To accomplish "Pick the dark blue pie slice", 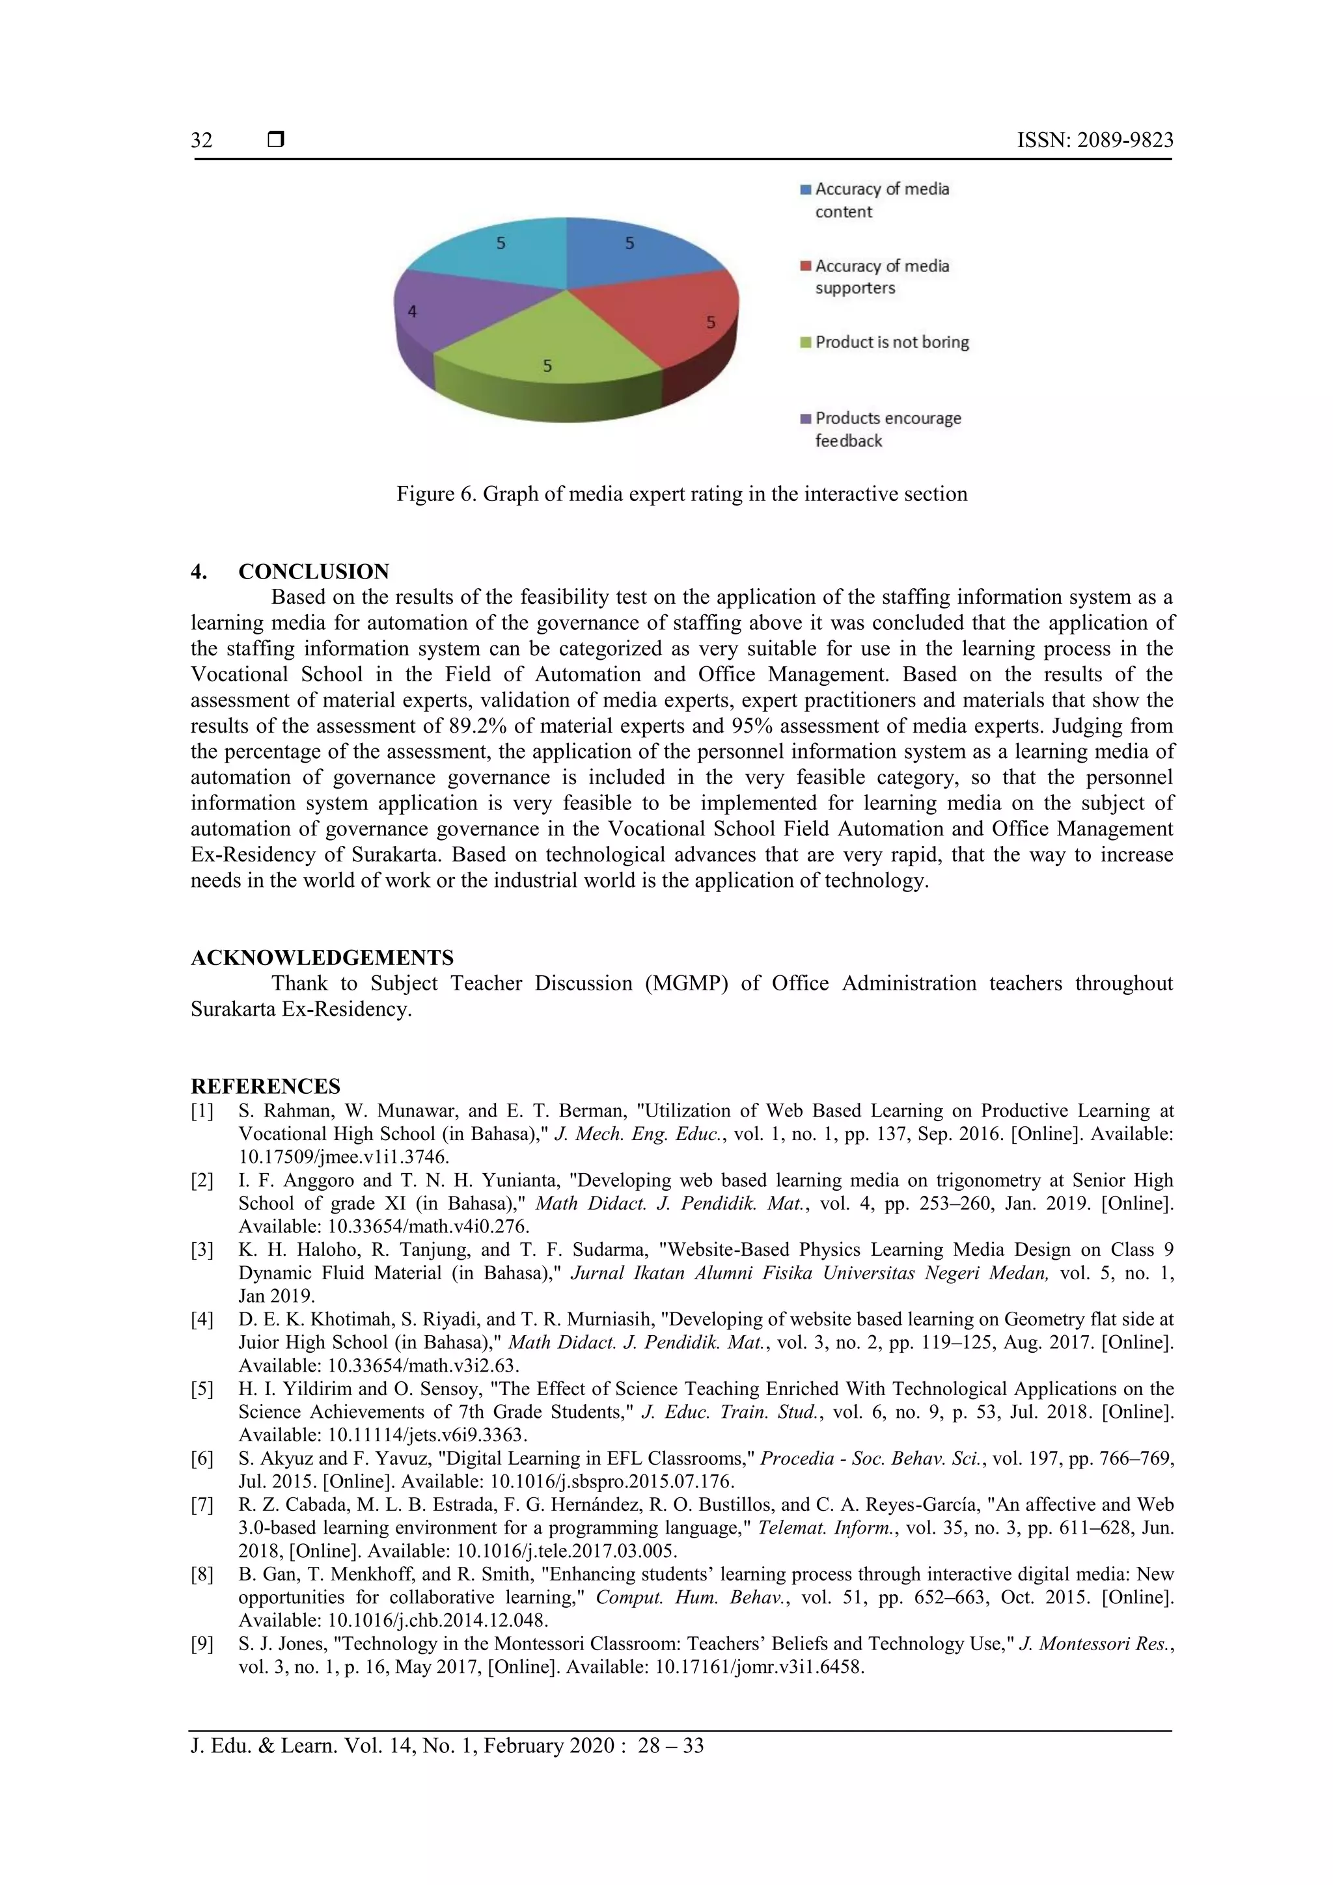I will [633, 254].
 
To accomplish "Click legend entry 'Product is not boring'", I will [891, 342].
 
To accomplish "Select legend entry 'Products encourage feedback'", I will [887, 429].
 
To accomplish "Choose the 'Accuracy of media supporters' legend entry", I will [881, 277].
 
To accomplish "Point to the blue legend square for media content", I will [806, 189].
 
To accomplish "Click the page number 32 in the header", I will [202, 141].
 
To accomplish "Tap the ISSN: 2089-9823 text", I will [1095, 141].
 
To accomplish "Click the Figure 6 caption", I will [681, 495].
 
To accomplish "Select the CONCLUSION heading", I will [313, 571].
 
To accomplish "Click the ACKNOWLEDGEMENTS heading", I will [322, 957].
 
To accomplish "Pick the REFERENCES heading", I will [266, 1086].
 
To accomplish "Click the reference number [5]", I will [202, 1389].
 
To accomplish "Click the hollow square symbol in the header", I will [276, 139].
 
